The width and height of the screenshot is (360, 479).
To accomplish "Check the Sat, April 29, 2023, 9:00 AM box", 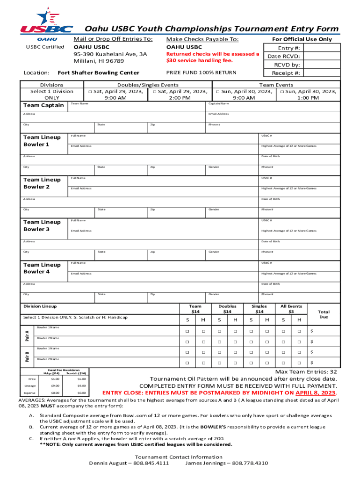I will tap(90, 92).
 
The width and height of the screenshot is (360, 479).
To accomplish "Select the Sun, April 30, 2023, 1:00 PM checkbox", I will tap(282, 92).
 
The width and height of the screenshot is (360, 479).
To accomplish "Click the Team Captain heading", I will tap(43, 105).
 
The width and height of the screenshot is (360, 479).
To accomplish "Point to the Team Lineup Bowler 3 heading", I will tap(42, 225).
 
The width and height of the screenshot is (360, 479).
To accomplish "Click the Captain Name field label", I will tap(218, 103).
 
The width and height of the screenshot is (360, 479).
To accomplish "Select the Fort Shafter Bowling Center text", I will tap(98, 73).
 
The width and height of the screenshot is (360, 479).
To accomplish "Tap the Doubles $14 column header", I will tap(227, 309).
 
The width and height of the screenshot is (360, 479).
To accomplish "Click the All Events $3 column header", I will tap(291, 309).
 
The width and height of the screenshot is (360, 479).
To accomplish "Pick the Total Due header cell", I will tap(324, 314).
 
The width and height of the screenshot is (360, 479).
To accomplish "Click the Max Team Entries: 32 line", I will tap(306, 371).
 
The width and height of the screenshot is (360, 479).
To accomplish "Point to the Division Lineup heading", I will tap(40, 306).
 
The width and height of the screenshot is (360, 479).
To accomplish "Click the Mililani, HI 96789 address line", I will tap(99, 61).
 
